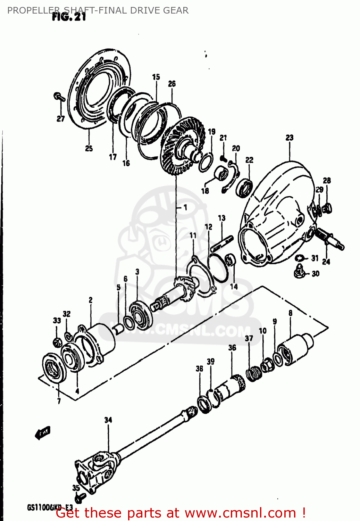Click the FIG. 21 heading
(69, 17)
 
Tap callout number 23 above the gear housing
(289, 138)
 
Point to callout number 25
(89, 148)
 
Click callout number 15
(156, 77)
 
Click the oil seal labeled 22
(244, 188)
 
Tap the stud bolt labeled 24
(330, 240)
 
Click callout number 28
(327, 180)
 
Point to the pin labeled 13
(221, 243)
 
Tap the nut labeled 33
(57, 342)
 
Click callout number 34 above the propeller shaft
(108, 420)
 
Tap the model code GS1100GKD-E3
(50, 507)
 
